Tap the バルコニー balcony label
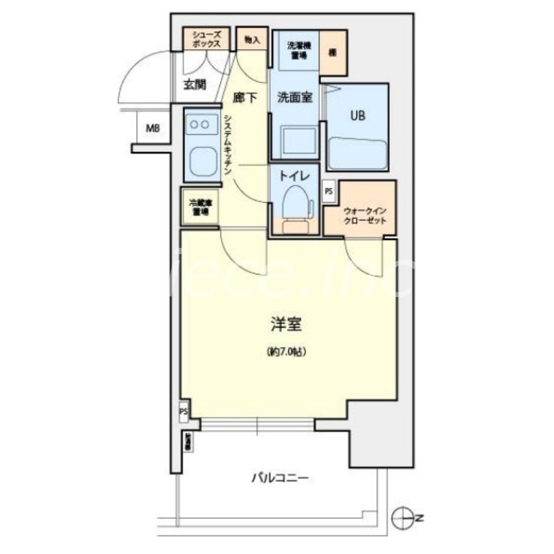pos(279,478)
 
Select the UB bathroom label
pos(357,116)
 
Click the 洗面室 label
pos(294,98)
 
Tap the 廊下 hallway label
pos(244,98)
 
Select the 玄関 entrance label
pos(195,85)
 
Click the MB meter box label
pos(152,127)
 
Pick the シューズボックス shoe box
pos(207,39)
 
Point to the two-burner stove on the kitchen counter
pos(202,124)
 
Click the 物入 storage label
pos(252,41)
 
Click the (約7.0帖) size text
pos(285,352)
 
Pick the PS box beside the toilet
pos(328,189)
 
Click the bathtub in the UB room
pos(357,152)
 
